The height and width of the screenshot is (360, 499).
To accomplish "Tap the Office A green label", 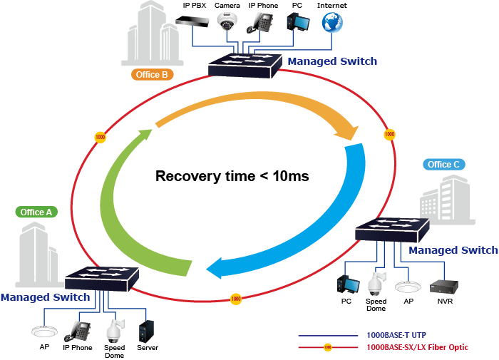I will click(36, 212).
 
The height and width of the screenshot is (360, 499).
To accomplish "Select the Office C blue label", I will click(443, 165).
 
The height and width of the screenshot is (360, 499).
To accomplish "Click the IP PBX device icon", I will click(194, 22).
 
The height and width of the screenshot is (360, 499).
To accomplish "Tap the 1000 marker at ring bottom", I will click(235, 299).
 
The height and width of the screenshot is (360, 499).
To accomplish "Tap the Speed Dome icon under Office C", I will click(375, 284).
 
